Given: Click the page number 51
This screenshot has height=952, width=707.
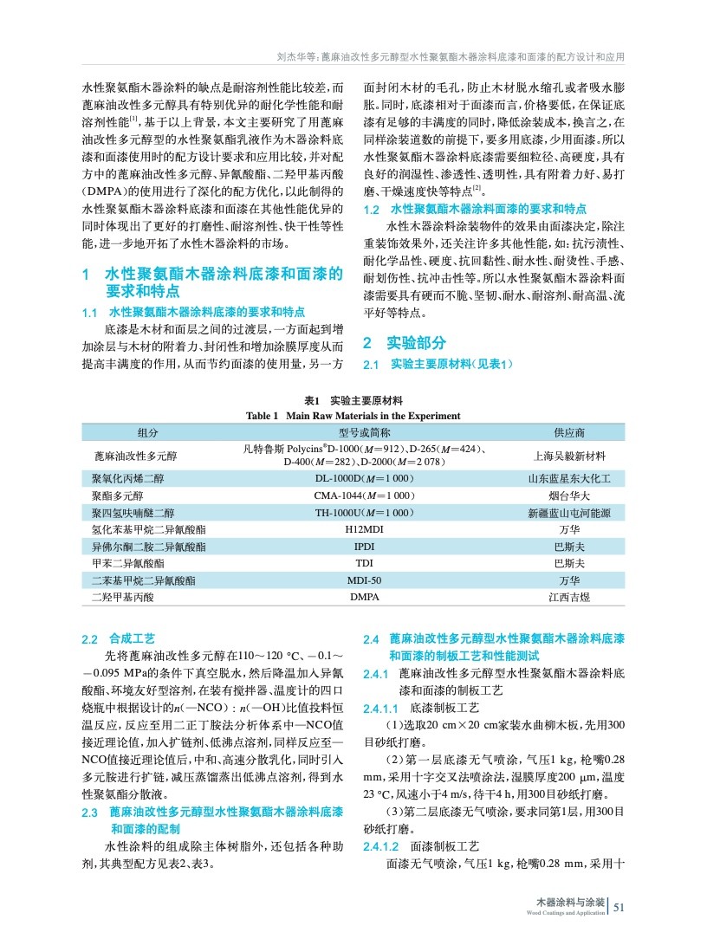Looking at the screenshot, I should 619,908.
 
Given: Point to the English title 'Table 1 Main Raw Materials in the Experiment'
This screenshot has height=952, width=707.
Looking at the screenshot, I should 353,416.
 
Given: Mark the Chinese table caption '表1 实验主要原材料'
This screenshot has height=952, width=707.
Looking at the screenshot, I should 353,401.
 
